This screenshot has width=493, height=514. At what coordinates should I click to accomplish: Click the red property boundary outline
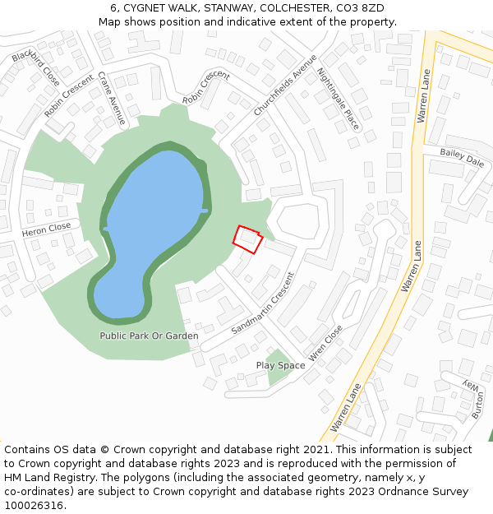[x=248, y=238]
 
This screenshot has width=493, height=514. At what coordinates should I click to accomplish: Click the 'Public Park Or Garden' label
[x=149, y=336]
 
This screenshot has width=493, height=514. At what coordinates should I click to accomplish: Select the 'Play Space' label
[x=280, y=365]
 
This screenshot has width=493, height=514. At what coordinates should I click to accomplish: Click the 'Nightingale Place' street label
[x=339, y=99]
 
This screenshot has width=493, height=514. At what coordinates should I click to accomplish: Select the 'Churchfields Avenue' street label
[x=285, y=85]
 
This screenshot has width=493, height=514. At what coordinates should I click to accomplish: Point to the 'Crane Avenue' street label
[x=112, y=98]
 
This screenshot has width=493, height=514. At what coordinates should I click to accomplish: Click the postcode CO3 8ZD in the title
[x=361, y=8]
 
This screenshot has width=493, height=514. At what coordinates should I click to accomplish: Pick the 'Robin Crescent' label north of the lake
[x=206, y=87]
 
